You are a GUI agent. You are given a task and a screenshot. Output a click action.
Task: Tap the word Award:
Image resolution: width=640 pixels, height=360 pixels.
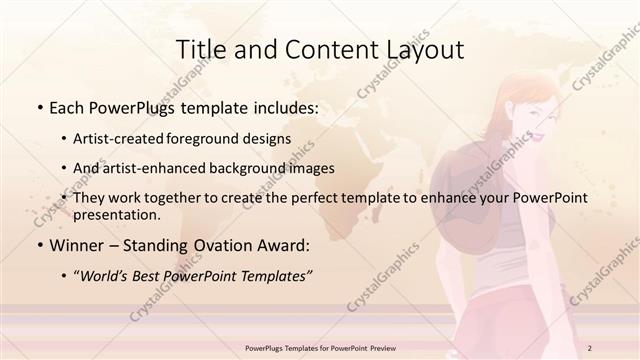point(284,245)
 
